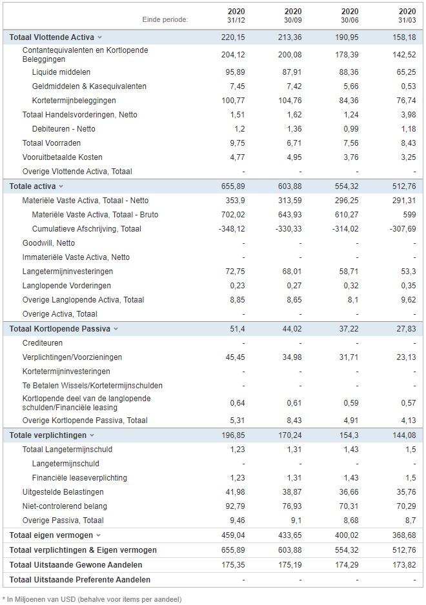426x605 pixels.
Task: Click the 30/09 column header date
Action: pos(293,20)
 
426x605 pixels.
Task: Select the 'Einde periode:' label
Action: pos(165,19)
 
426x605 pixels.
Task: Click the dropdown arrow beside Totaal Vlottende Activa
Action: pos(99,37)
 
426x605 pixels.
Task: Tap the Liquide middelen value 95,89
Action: pos(233,72)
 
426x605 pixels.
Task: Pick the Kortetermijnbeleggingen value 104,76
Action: pos(290,101)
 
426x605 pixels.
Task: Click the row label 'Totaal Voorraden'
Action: pos(52,143)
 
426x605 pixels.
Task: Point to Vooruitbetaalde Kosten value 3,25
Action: pos(408,157)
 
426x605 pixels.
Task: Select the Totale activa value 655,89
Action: pos(233,186)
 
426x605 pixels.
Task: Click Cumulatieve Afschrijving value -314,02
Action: pos(345,229)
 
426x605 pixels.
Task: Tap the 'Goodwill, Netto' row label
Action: pos(48,243)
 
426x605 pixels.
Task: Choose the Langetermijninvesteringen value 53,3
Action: pos(408,272)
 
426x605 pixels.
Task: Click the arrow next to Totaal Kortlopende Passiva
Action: pos(116,329)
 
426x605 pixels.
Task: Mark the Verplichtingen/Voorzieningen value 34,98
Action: pos(292,357)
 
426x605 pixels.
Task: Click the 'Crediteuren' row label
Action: pos(43,343)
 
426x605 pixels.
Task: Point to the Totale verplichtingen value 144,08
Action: pos(404,435)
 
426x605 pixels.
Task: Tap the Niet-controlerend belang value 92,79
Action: pos(235,506)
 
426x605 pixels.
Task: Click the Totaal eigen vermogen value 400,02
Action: pos(347,535)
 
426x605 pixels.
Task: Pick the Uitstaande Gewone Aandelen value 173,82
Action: pos(404,565)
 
